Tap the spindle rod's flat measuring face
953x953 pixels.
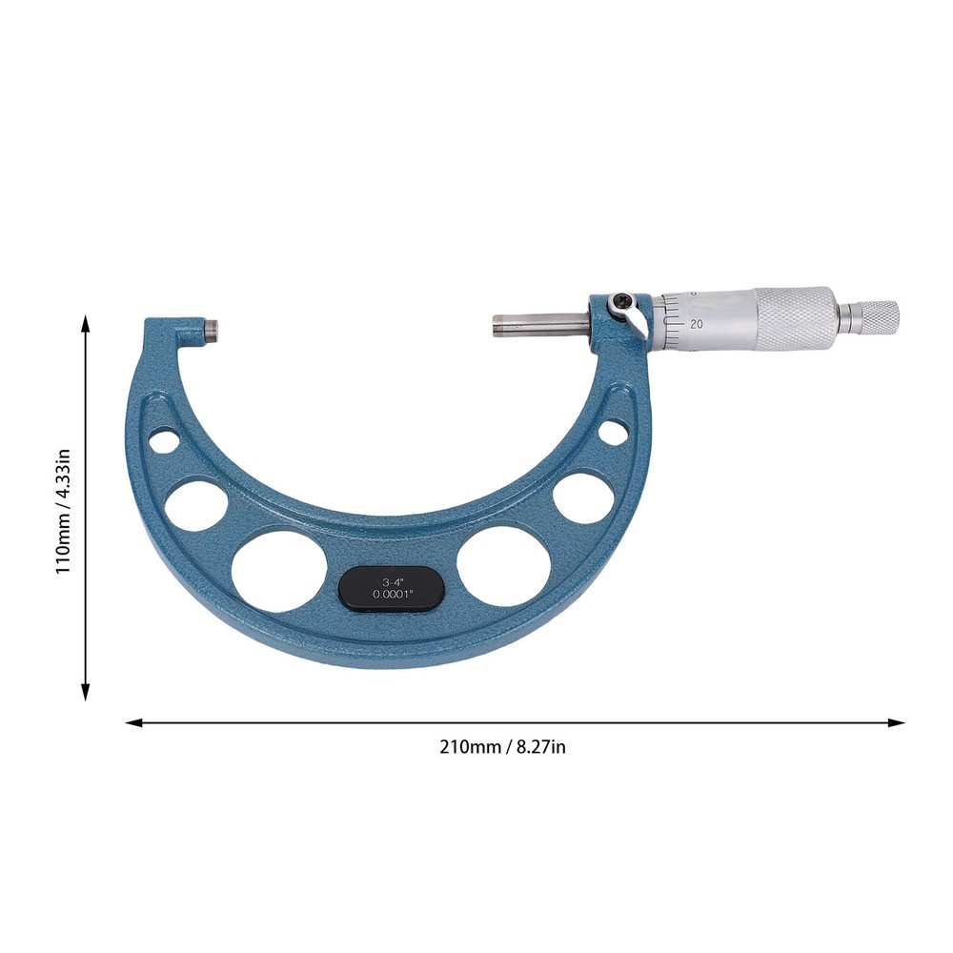496,323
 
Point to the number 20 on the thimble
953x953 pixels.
697,323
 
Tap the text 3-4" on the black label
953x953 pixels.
391,579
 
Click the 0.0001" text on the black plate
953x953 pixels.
391,597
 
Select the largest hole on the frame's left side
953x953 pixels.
274,571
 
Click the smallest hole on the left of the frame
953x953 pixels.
163,443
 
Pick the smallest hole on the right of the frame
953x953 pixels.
613,431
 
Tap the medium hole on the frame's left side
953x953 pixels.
195,504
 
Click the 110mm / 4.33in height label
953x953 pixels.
63,511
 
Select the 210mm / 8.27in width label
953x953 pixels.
502,747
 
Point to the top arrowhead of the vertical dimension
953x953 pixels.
87,324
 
